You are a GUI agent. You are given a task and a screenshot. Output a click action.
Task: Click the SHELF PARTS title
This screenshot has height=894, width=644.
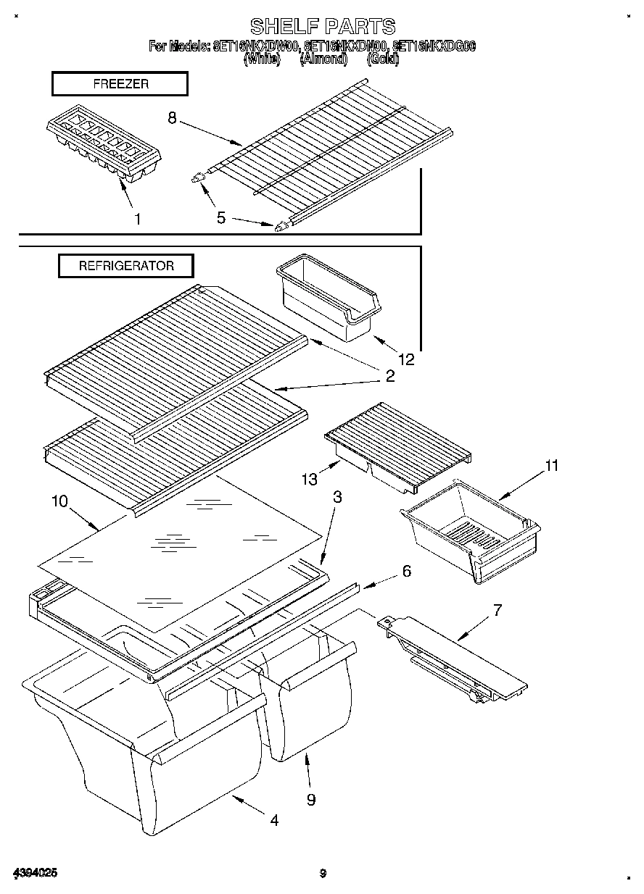coord(323,27)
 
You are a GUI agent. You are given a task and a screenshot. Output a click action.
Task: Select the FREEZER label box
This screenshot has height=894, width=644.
coord(120,84)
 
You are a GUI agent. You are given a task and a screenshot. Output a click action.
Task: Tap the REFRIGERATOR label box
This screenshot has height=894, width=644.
coord(126,266)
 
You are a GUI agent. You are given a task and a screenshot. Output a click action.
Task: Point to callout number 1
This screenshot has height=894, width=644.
coord(138,219)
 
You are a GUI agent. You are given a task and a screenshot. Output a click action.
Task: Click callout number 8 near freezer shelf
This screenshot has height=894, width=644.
coord(172,119)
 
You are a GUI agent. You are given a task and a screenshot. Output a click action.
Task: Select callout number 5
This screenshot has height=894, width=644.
coord(221,217)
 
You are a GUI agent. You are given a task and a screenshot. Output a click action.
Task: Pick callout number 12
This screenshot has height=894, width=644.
coord(406,358)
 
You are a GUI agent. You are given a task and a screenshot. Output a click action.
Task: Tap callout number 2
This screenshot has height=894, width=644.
coord(389,375)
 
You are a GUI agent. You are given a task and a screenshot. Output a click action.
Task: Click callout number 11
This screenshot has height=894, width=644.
coord(552,466)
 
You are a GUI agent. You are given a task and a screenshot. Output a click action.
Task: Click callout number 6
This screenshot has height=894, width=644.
coord(406,571)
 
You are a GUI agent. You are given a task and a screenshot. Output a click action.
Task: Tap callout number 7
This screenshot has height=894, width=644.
coord(497,609)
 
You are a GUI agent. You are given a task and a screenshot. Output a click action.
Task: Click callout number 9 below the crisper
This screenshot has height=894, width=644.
coord(310,799)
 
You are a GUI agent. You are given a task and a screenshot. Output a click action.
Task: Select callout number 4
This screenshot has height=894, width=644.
coord(273,820)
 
